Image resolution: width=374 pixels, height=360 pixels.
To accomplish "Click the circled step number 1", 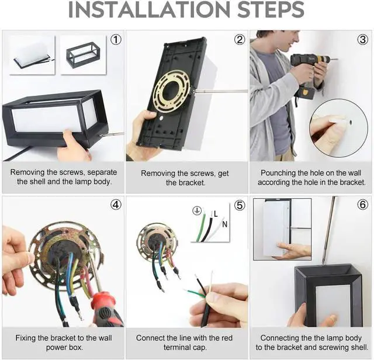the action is (x=116, y=40).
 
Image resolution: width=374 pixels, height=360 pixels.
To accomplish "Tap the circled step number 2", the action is (x=240, y=40).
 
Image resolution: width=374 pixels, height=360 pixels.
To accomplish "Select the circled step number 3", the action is (x=362, y=40).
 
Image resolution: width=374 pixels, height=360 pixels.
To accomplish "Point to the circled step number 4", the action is (x=116, y=205).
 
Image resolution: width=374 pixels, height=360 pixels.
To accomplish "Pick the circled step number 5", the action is (x=240, y=205).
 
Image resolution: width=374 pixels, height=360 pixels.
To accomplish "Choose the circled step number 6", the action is (x=362, y=205).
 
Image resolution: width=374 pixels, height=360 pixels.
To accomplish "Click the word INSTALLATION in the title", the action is (x=149, y=9).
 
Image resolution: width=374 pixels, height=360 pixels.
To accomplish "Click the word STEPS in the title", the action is (x=271, y=9).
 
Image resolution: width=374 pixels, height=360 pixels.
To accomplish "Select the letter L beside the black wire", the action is (x=216, y=214).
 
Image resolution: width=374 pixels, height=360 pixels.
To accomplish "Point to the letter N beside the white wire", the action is (x=224, y=224).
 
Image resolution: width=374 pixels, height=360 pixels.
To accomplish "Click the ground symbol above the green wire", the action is (x=197, y=210).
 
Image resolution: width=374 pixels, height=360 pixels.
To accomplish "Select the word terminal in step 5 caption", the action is (x=179, y=347).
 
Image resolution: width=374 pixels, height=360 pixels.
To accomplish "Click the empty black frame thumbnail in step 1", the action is (x=83, y=54).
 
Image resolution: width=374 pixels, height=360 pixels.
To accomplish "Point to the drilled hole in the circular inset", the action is (x=351, y=122).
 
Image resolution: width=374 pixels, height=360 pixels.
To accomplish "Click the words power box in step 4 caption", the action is (x=64, y=348).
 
